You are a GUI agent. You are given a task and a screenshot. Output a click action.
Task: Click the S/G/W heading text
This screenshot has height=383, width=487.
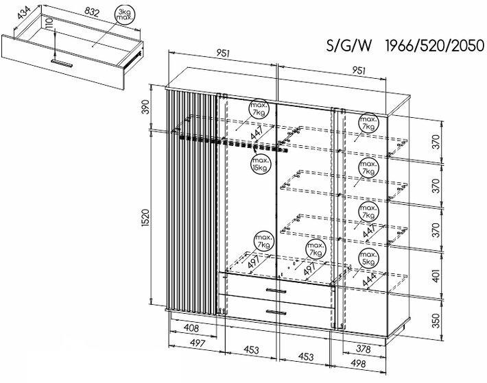[349, 46]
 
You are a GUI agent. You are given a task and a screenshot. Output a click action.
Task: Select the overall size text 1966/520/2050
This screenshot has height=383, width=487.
[434, 46]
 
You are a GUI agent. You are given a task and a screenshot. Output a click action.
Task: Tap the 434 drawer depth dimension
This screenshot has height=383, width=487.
[23, 13]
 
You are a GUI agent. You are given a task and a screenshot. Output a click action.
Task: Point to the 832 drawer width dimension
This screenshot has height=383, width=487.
[92, 12]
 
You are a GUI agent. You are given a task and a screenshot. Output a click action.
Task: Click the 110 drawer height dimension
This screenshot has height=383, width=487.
[49, 23]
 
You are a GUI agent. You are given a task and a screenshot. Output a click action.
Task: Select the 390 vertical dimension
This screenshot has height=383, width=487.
[145, 107]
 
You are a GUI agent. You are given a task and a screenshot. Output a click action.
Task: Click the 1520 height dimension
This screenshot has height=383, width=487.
[145, 218]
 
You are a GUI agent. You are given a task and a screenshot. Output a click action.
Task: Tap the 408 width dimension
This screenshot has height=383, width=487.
[191, 328]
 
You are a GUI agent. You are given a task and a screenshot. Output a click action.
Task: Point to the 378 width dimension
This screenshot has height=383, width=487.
[363, 349]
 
